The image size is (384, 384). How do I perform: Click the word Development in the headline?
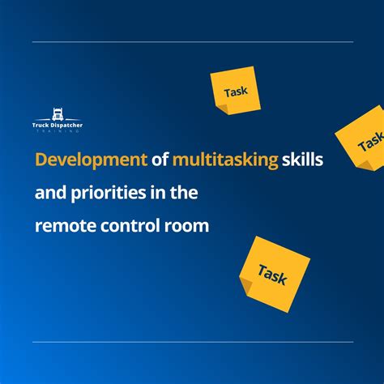(91, 160)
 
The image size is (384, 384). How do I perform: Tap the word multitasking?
(225, 160)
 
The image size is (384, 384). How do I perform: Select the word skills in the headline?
(302, 159)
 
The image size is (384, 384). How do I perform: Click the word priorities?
(109, 193)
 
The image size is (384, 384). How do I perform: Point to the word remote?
(66, 226)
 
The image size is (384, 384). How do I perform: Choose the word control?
(130, 225)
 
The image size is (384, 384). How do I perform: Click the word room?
(186, 226)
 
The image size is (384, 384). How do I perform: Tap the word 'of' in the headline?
(160, 160)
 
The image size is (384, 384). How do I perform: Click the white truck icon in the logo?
(58, 114)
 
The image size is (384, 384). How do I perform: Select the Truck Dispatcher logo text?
(58, 126)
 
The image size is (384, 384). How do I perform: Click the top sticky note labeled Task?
(236, 91)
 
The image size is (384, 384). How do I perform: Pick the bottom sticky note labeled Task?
(275, 274)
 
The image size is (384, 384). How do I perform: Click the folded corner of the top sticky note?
(224, 109)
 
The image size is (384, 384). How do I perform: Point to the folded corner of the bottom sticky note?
(245, 284)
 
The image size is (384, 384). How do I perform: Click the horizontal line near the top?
(193, 42)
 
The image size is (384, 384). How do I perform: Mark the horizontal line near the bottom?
(193, 342)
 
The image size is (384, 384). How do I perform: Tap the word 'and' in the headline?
(50, 193)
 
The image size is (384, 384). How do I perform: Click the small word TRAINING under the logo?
(58, 131)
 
